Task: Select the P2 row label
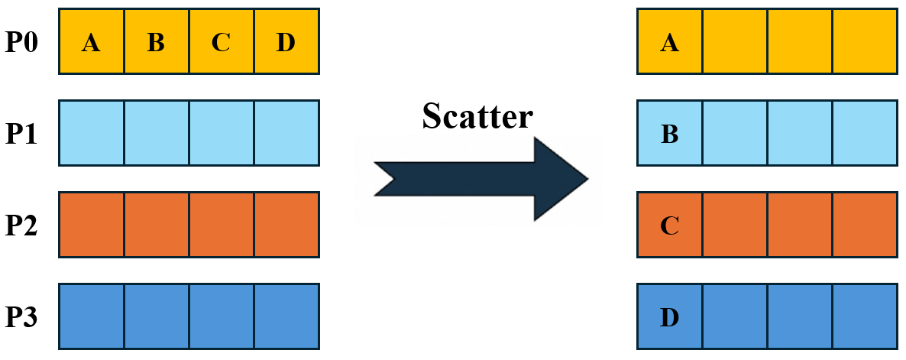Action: point(21,225)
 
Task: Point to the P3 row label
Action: point(21,316)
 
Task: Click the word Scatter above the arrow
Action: point(477,116)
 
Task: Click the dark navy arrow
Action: point(481,179)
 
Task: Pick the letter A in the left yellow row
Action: point(91,43)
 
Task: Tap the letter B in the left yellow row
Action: point(156,43)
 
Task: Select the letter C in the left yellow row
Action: point(221,43)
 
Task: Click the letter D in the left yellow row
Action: point(286,43)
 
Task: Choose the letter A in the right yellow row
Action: point(669,43)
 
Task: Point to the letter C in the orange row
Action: point(669,226)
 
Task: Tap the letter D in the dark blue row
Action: point(669,317)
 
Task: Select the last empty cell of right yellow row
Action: point(865,41)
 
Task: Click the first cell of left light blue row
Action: point(92,133)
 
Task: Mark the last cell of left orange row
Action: point(286,224)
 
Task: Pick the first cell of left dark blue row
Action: point(92,316)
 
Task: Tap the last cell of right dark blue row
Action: point(865,316)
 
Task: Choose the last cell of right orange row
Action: point(865,224)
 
